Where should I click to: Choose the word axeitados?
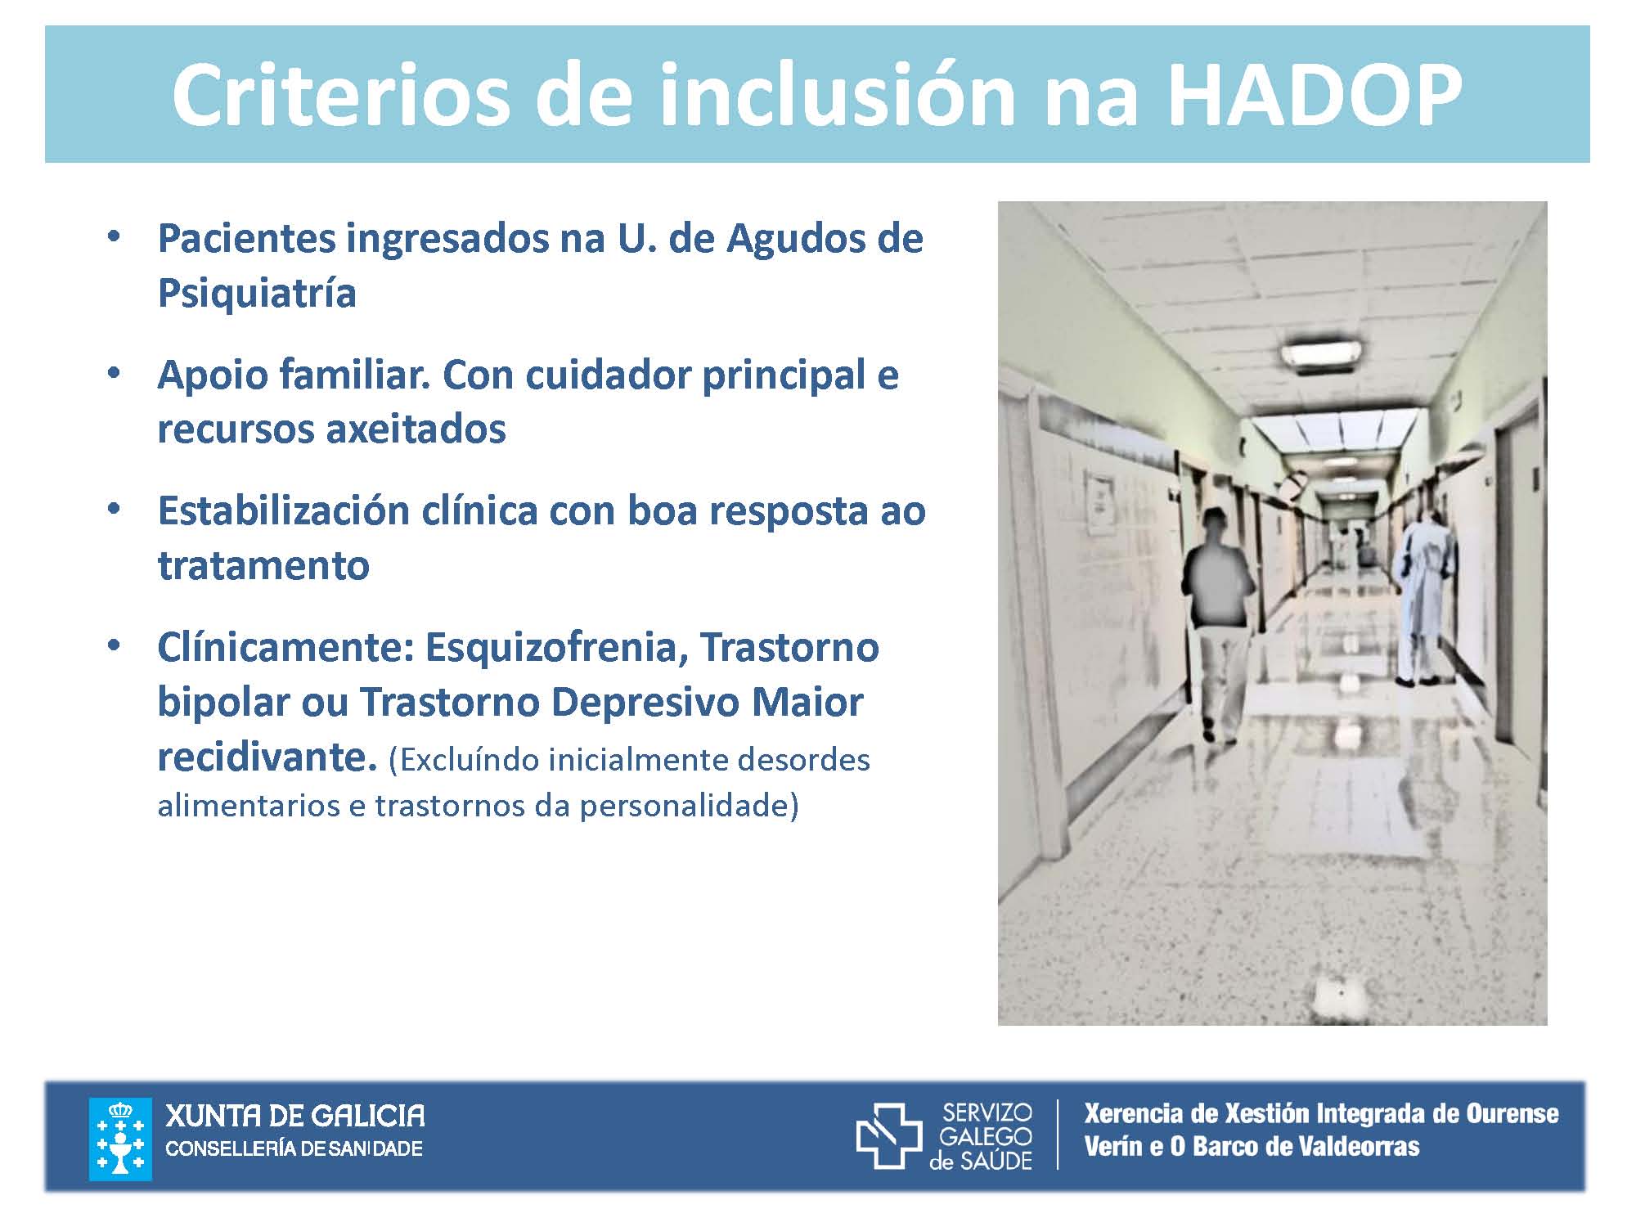(414, 429)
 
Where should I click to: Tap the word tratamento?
(263, 566)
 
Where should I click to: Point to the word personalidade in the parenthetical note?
(689, 807)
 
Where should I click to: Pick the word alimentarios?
(247, 807)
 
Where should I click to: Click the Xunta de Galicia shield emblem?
(120, 1139)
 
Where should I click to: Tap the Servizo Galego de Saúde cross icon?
(889, 1135)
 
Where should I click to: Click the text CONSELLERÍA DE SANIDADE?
(294, 1149)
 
